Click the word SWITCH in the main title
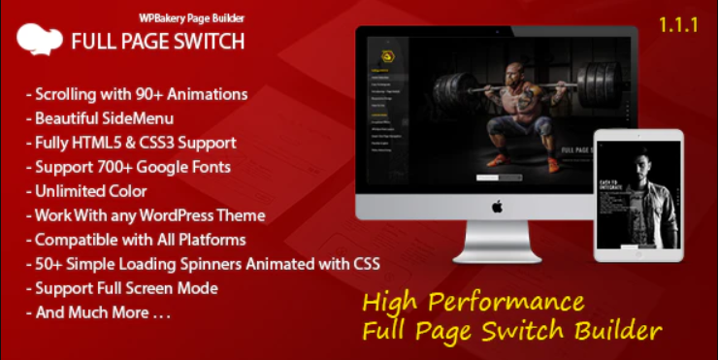[204, 42]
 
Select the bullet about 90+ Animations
[141, 94]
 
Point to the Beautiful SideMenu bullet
[103, 118]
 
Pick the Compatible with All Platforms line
[140, 239]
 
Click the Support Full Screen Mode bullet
[126, 287]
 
